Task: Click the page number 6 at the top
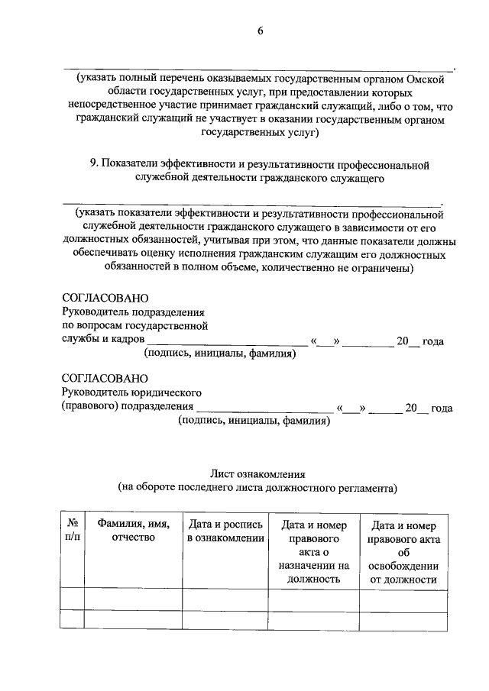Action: (260, 31)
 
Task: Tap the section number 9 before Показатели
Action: (93, 164)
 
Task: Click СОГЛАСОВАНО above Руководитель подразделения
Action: (105, 299)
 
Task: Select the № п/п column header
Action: (72, 531)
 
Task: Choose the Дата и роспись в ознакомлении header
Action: (225, 531)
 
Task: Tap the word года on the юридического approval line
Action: (442, 408)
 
